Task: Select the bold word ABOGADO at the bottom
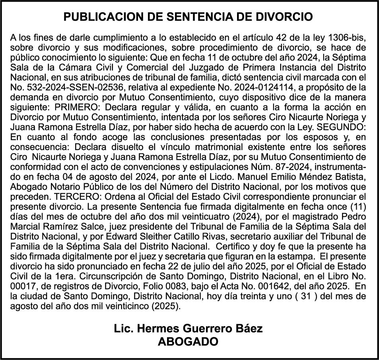pos(188,342)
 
